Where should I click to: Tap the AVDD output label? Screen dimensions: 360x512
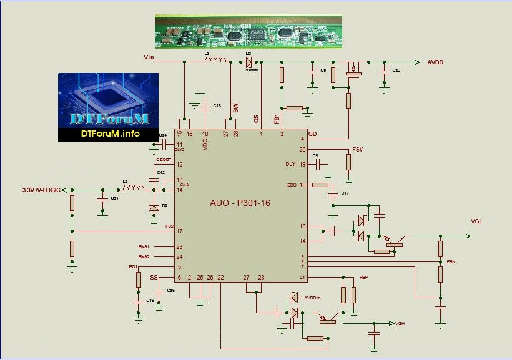[x=438, y=62]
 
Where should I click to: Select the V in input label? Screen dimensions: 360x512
[x=149, y=57]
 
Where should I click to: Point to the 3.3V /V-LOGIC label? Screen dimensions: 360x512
[x=42, y=190]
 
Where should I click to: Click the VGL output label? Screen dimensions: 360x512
[x=476, y=221]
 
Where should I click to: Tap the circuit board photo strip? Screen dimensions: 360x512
[x=249, y=31]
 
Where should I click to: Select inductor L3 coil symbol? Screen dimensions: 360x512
[x=216, y=61]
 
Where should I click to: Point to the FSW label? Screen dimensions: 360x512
[x=358, y=150]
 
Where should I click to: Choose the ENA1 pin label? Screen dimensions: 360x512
[x=144, y=247]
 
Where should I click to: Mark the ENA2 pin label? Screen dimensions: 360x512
[x=144, y=257]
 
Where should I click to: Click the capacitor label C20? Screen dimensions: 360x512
[x=396, y=70]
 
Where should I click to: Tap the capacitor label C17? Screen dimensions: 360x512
[x=345, y=193]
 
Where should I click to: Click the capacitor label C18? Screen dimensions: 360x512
[x=217, y=105]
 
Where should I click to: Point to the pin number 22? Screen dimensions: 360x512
[x=220, y=277]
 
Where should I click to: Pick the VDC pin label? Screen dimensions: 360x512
[x=205, y=144]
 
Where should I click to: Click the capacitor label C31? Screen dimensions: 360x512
[x=114, y=198]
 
